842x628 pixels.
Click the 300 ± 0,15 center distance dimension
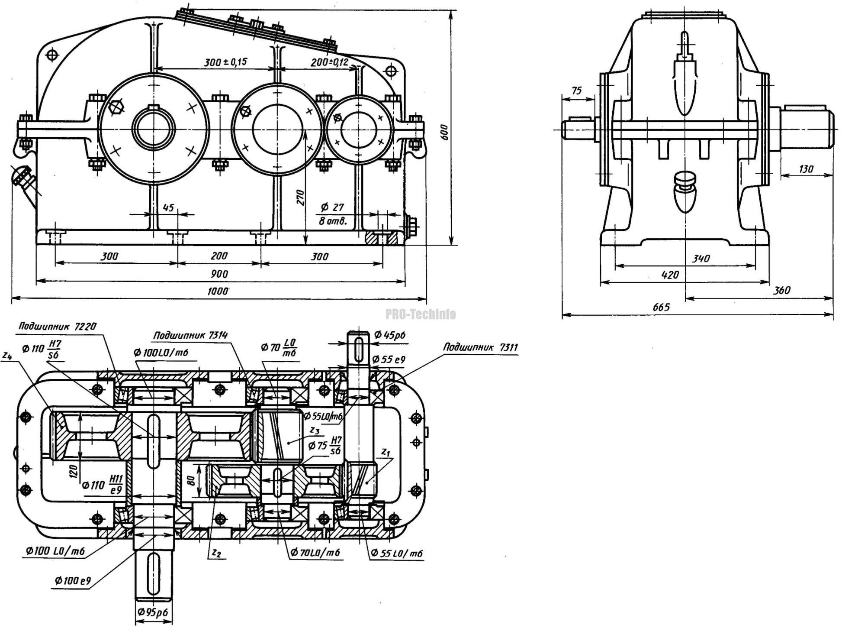point(225,62)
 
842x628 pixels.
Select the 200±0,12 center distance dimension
point(329,62)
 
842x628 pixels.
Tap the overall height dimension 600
point(444,132)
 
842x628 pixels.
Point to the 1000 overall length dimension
point(218,291)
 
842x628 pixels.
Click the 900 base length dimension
point(219,274)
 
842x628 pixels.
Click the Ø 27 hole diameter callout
point(332,207)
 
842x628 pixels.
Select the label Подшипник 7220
point(57,327)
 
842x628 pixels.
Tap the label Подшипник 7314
point(190,336)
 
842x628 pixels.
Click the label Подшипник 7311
point(480,347)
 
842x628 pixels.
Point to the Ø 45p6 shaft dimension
point(390,335)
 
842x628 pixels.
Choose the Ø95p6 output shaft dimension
point(153,612)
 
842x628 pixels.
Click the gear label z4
point(6,356)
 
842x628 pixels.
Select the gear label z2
point(216,553)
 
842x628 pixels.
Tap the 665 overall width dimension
point(661,307)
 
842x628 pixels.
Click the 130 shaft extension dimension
point(806,169)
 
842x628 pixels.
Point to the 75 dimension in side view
point(577,91)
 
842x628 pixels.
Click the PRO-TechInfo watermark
point(421,314)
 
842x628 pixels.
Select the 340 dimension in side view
point(701,259)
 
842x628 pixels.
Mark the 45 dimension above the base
point(168,207)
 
